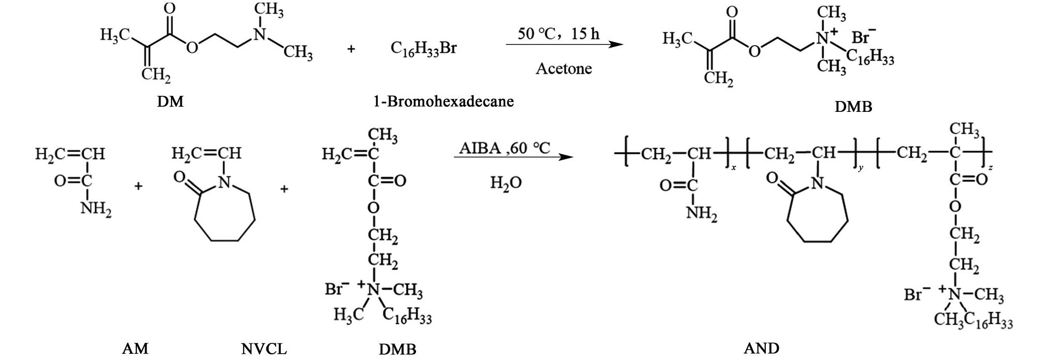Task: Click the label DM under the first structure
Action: click(x=170, y=102)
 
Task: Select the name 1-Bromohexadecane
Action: click(x=444, y=101)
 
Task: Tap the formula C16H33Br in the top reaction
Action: click(x=423, y=49)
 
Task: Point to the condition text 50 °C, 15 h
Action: click(x=558, y=34)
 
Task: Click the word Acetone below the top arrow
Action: click(x=564, y=68)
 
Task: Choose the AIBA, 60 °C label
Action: click(x=504, y=149)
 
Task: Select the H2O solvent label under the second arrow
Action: click(x=506, y=183)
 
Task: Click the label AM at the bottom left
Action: click(x=135, y=349)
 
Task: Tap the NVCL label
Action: click(x=264, y=349)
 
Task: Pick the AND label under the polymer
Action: click(x=761, y=348)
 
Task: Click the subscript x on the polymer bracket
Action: click(x=733, y=168)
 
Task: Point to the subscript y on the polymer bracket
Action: click(x=861, y=168)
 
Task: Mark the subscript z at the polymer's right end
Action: click(x=990, y=168)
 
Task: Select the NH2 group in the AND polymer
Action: click(x=702, y=213)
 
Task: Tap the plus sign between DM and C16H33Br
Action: click(x=351, y=50)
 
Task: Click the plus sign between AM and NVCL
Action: click(x=138, y=186)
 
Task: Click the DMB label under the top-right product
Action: click(x=853, y=107)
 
